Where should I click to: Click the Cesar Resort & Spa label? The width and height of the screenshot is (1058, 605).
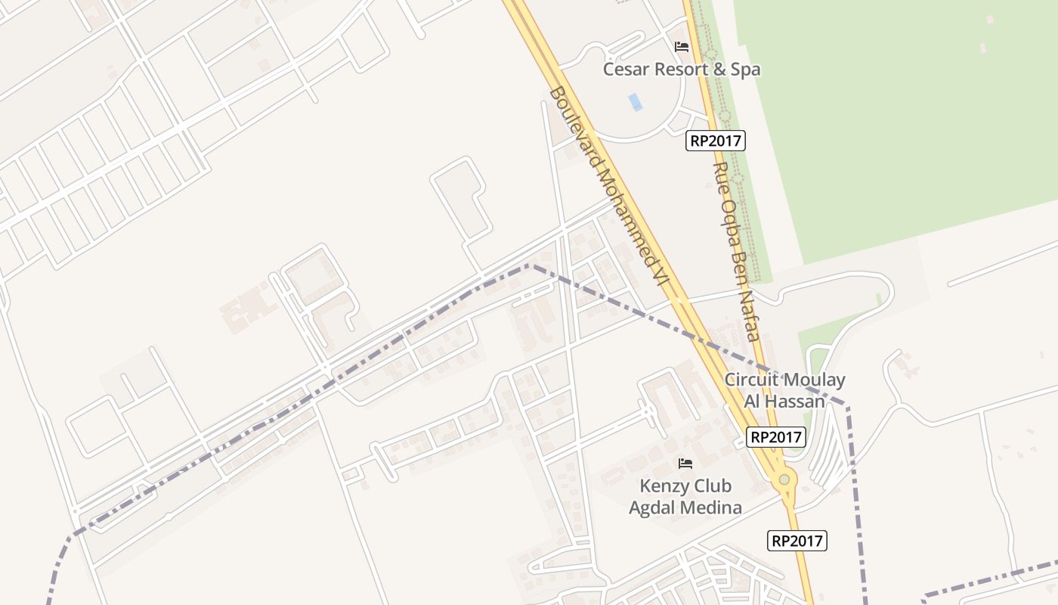681,70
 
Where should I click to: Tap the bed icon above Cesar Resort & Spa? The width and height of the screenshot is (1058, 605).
682,47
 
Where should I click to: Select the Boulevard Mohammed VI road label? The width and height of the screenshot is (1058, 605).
609,186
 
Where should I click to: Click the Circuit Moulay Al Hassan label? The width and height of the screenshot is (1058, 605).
784,390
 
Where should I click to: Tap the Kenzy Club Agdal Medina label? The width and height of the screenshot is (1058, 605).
685,496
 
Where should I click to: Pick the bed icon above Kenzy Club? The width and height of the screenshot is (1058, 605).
685,463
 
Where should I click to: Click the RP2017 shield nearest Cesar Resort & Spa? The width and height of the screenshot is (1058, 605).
716,140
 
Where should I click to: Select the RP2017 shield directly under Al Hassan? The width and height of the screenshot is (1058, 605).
776,436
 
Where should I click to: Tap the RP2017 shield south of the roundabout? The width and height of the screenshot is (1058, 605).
797,541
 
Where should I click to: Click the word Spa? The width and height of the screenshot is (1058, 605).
744,70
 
